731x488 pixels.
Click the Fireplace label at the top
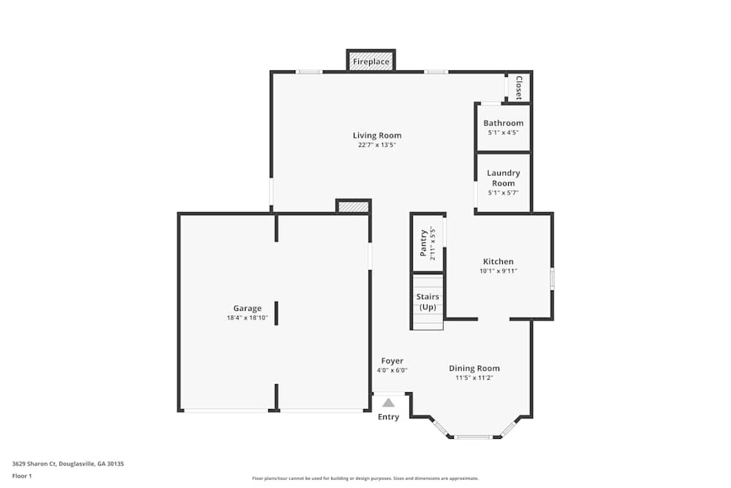point(371,62)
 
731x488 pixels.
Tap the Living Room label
point(377,135)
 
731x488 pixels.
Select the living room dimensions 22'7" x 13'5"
point(377,145)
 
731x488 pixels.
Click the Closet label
point(519,88)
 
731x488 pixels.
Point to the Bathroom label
point(503,123)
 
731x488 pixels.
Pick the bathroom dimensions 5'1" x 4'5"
point(503,132)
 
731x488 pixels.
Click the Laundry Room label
point(504,178)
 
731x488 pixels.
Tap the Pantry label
point(423,243)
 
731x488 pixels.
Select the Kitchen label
point(498,261)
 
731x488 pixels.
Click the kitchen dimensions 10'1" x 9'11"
point(498,271)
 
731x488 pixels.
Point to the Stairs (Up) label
point(428,301)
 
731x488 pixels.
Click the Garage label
point(247,309)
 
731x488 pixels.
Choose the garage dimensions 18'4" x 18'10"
point(247,318)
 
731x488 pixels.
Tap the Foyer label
point(392,361)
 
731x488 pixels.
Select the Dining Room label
point(474,369)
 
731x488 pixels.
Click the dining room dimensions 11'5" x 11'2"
point(474,378)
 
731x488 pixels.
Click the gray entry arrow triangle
point(389,402)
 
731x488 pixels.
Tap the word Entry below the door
point(389,417)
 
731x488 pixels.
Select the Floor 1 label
point(22,476)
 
